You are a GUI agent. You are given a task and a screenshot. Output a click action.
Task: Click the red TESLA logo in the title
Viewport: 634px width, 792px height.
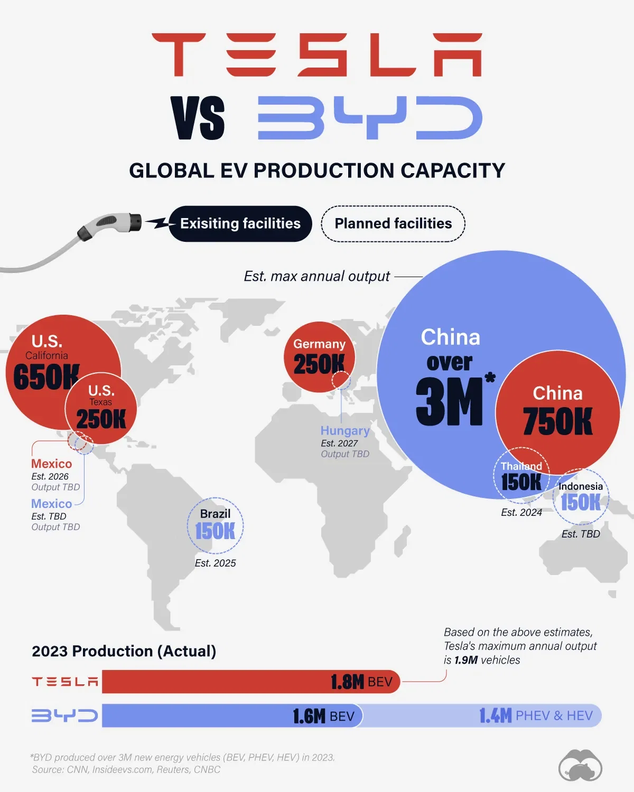[x=317, y=54]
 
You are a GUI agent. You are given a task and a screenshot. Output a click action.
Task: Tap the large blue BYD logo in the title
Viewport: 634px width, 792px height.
[x=370, y=118]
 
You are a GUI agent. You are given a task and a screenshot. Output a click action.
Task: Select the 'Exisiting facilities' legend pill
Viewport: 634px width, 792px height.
[x=240, y=224]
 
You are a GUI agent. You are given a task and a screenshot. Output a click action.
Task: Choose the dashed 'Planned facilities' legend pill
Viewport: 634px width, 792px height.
[x=393, y=224]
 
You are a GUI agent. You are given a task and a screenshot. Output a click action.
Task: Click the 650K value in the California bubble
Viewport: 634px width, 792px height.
[x=46, y=377]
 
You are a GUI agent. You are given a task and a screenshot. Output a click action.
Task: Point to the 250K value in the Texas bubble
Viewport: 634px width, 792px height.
[x=101, y=419]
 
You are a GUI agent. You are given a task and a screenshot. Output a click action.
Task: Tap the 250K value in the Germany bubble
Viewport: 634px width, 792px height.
[x=319, y=364]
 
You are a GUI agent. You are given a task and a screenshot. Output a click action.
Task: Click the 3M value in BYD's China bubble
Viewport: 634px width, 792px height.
[x=450, y=402]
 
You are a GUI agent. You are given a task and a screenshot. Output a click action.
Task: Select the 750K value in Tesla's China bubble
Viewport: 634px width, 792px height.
[x=558, y=421]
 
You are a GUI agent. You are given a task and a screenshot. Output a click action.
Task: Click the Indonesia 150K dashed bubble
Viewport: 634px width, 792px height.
[x=581, y=497]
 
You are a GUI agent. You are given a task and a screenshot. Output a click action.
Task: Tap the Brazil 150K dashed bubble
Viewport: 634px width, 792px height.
[x=215, y=526]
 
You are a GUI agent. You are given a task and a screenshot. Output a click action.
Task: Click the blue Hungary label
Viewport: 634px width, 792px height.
[x=345, y=431]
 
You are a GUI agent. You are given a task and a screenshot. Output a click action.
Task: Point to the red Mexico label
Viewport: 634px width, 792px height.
[x=51, y=464]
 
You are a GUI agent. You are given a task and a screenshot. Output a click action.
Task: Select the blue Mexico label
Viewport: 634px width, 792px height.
[x=51, y=504]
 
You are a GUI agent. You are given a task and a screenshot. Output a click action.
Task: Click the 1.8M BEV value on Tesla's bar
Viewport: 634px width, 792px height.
[x=361, y=682]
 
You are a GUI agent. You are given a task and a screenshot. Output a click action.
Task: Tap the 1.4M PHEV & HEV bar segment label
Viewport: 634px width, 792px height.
[x=536, y=716]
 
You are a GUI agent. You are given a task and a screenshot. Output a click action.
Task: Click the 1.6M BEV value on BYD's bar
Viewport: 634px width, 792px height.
[x=323, y=716]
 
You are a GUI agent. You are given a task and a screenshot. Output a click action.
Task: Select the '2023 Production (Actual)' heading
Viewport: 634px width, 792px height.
[x=124, y=651]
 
